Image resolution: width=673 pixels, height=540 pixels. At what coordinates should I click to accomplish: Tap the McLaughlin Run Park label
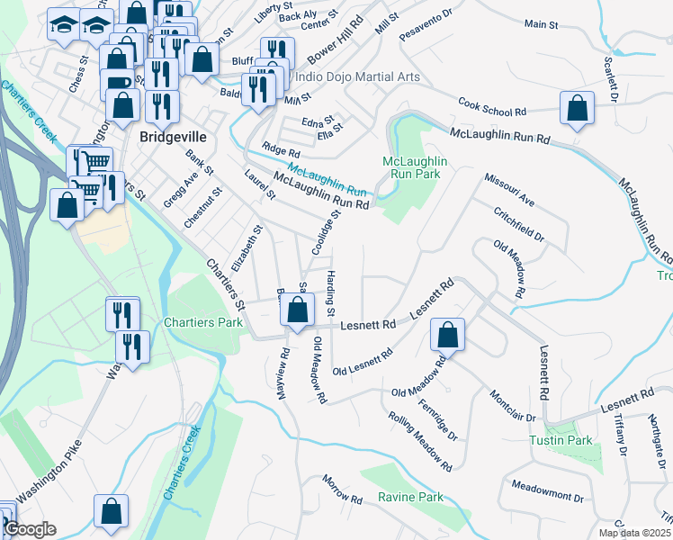coord(416,167)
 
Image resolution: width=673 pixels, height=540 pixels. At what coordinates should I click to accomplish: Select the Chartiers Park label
coord(202,322)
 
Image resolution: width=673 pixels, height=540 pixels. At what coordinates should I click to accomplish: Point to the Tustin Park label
coord(561,440)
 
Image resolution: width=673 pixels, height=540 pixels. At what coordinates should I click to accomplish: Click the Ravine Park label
coord(411,497)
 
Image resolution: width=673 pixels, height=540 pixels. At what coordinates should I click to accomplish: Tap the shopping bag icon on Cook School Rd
coord(577,108)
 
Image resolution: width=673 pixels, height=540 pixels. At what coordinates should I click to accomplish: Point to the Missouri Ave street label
coord(509,190)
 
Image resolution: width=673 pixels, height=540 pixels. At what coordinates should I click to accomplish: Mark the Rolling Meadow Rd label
coord(420,441)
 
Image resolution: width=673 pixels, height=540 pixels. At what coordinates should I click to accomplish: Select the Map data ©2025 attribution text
coord(633,533)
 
